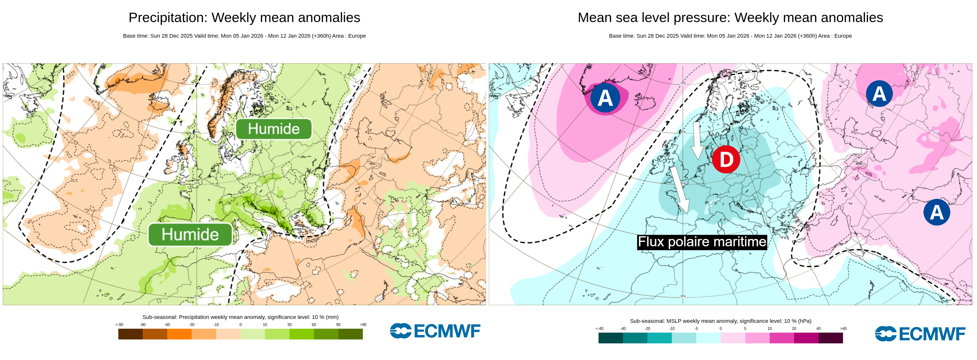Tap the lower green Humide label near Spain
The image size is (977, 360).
coord(190,235)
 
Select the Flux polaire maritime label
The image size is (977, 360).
coord(702,242)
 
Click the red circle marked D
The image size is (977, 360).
coord(726,159)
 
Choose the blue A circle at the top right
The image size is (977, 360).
coord(879,94)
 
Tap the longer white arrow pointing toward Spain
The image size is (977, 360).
coord(680,190)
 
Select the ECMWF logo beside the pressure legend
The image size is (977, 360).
coord(920,334)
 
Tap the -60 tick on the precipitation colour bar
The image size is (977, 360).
coord(167,325)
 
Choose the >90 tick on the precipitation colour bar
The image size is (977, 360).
coord(363,325)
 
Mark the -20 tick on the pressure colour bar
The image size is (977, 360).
coord(647,328)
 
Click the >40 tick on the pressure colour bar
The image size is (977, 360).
coord(843,328)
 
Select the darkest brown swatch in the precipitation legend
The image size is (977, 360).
coord(131,334)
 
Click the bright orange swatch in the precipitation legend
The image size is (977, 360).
coord(179,334)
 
